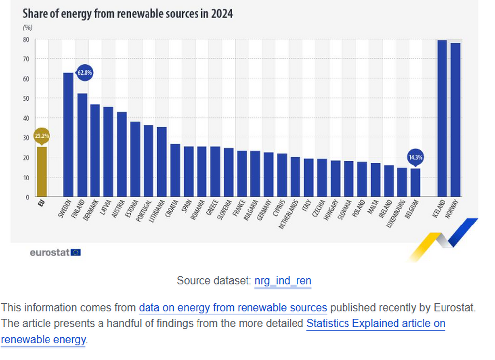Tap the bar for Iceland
(442, 118)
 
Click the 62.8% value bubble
(84, 73)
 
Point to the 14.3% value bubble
(415, 157)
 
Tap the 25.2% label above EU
(42, 136)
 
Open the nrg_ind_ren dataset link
(283, 281)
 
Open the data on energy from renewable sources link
(233, 308)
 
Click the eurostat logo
(55, 252)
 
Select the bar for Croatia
(175, 170)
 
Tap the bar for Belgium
(415, 182)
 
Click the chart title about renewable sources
(128, 13)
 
